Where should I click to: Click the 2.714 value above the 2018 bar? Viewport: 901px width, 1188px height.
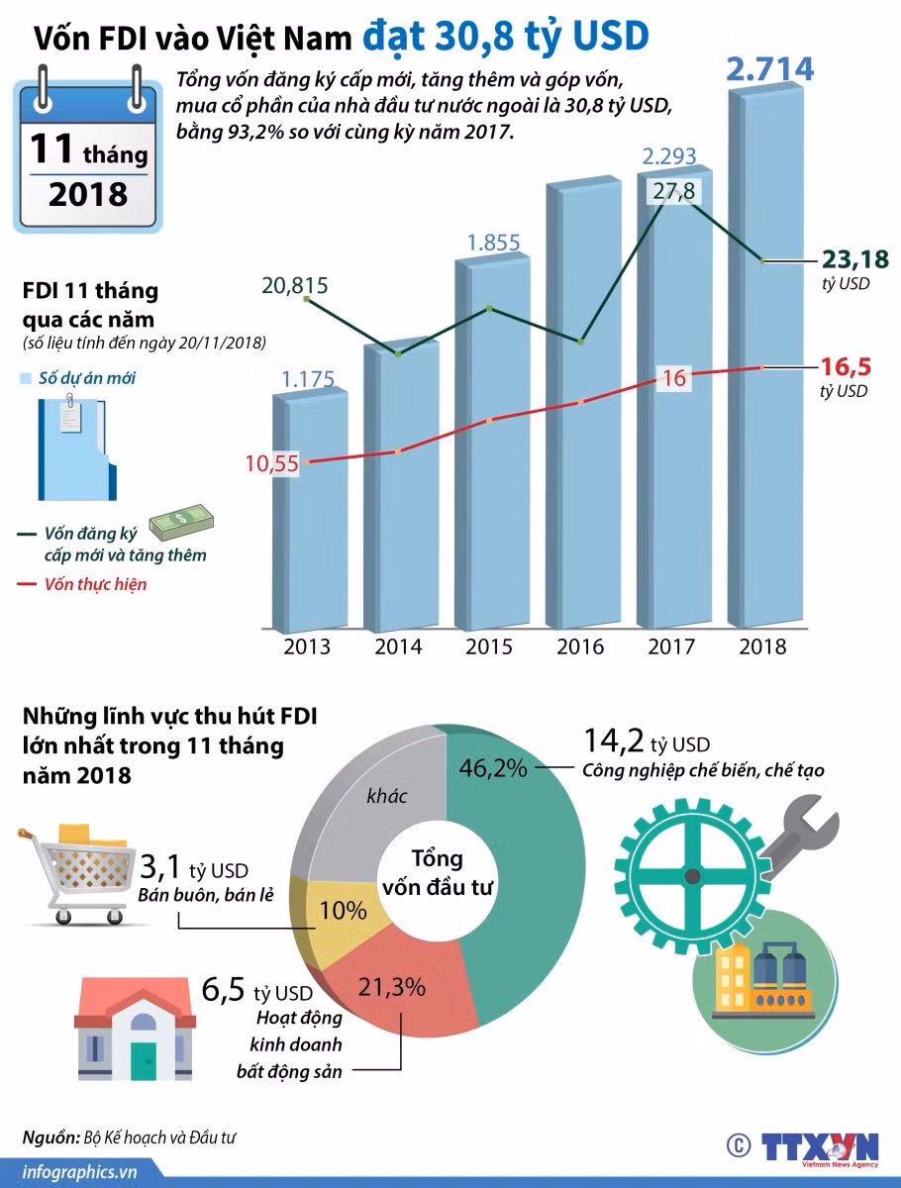click(x=769, y=69)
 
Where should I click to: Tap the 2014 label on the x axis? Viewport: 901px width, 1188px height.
click(x=398, y=646)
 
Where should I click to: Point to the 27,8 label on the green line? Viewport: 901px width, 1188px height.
click(x=673, y=191)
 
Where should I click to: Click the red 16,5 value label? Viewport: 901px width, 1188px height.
click(x=846, y=367)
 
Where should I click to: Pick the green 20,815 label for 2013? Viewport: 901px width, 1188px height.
click(x=295, y=285)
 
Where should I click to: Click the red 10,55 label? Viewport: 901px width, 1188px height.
click(x=271, y=463)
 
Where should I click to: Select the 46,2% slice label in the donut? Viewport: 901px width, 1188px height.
click(x=493, y=768)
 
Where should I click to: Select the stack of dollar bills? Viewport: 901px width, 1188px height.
click(x=181, y=523)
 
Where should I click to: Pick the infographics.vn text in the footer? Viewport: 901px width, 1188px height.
click(x=79, y=1172)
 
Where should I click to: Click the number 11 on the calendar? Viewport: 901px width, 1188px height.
click(x=50, y=148)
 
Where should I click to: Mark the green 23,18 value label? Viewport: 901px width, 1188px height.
click(x=855, y=259)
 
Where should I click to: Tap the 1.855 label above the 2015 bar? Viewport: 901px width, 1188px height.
click(x=493, y=243)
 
